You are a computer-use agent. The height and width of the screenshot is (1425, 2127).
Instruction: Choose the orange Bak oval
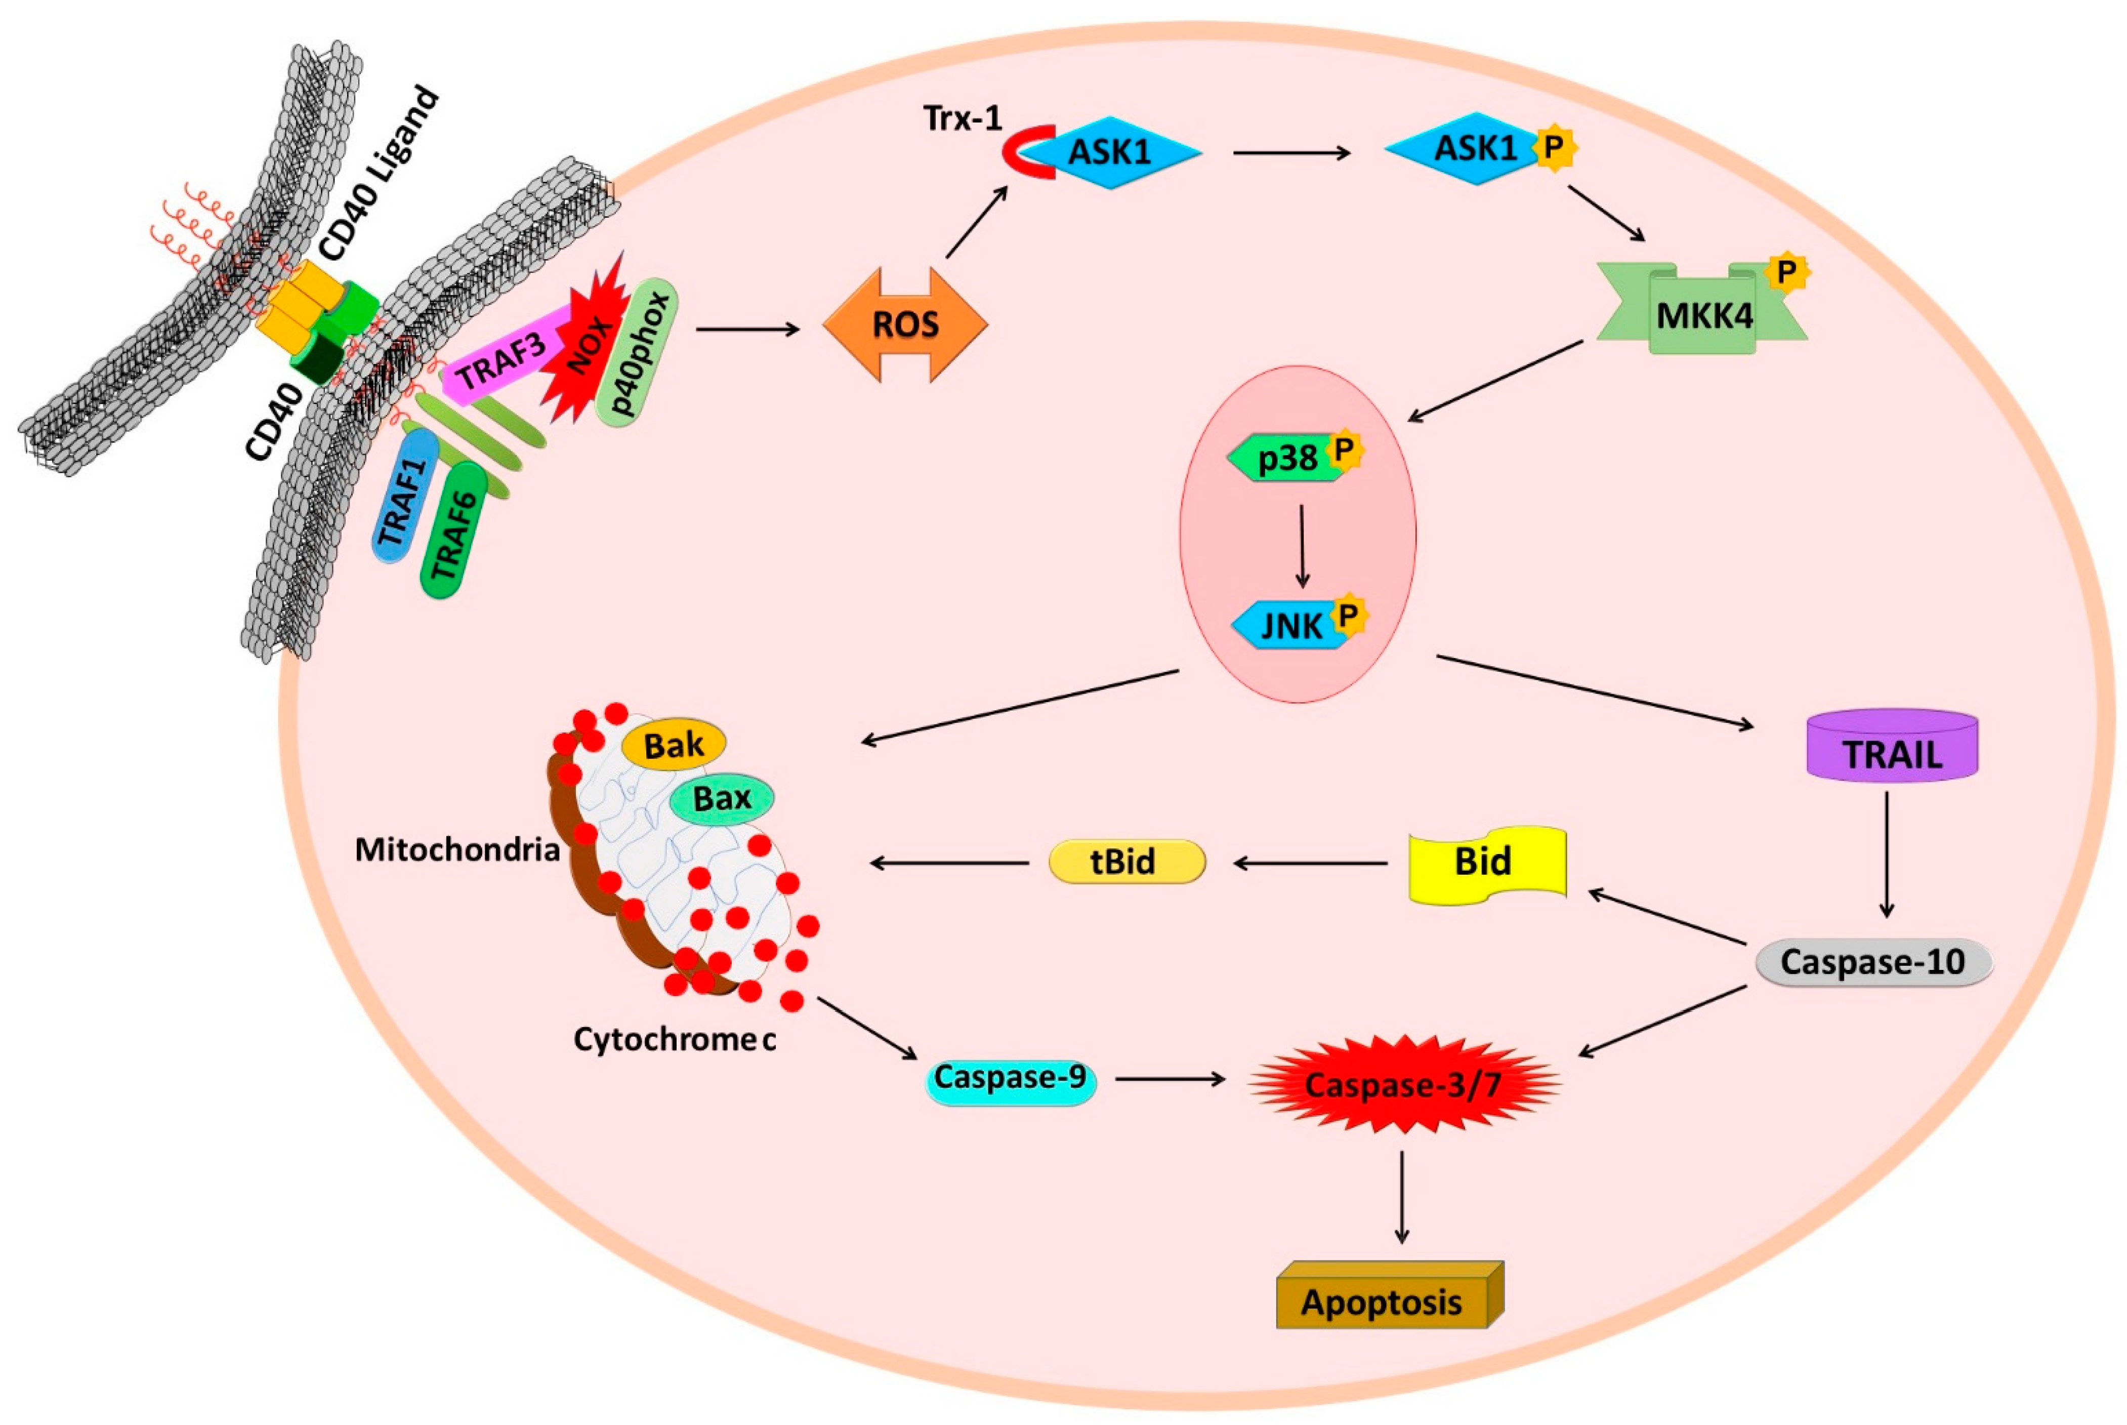tap(673, 745)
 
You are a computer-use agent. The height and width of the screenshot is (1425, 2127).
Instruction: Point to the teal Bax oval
tap(722, 799)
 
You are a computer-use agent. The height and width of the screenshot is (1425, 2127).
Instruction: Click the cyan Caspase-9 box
tap(1010, 1079)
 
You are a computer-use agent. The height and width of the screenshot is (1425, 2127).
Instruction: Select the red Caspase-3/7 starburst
tap(1402, 1083)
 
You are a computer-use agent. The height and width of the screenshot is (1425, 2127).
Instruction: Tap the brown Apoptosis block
tap(1381, 1301)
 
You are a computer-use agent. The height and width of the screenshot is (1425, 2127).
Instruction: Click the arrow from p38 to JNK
tap(1302, 545)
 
